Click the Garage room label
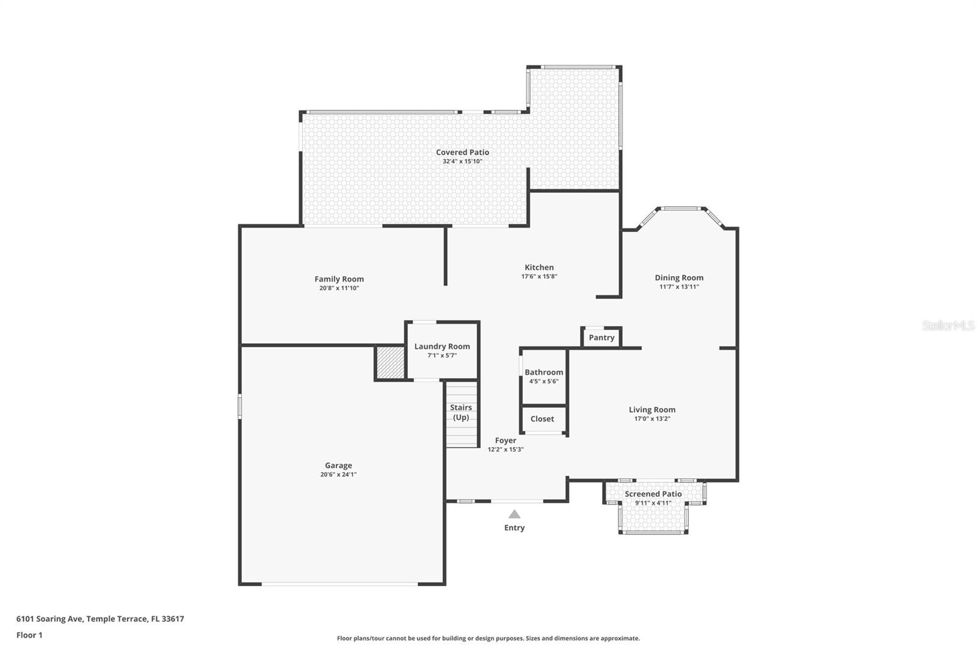pos(338,465)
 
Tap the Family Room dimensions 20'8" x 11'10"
pos(339,288)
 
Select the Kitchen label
pos(539,267)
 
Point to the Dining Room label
pos(679,278)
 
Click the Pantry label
pos(601,338)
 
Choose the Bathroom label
pos(543,373)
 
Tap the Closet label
pos(542,419)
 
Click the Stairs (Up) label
pos(461,412)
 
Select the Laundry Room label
pos(442,346)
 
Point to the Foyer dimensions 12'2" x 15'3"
pos(506,449)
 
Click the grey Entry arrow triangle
pos(515,514)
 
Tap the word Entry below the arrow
pos(514,528)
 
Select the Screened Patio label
pos(653,494)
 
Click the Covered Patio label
pos(462,153)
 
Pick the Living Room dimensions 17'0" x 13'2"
pos(652,419)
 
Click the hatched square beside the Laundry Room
pos(390,363)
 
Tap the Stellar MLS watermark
pos(948,326)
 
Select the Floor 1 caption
pos(29,635)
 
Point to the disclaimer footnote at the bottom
pos(488,638)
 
